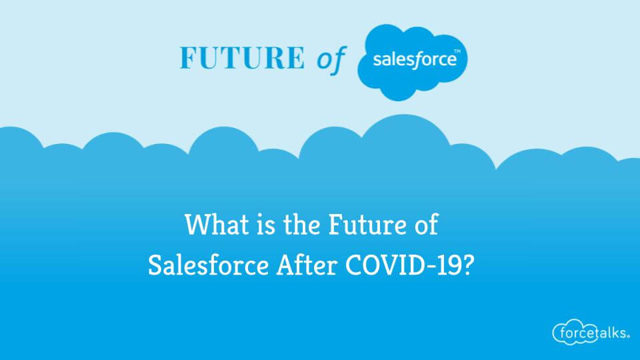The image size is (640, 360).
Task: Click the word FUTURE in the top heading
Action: click(x=241, y=59)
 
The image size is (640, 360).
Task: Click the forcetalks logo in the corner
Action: click(x=590, y=331)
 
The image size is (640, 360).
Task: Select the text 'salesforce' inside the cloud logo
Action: click(x=414, y=60)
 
